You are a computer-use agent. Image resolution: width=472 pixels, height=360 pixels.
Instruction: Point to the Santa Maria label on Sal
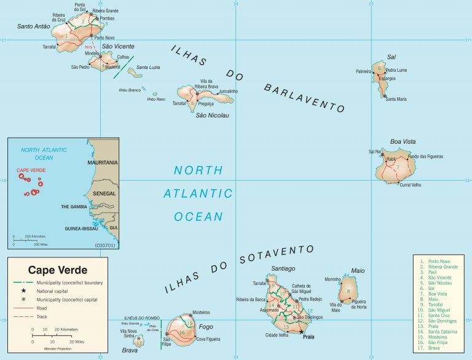(x=396, y=99)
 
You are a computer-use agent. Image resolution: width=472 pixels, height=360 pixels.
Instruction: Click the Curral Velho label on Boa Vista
(x=410, y=184)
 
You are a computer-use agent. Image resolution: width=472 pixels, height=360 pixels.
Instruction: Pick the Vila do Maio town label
(x=336, y=307)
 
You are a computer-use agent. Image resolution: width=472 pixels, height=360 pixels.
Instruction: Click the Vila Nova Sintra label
(x=128, y=334)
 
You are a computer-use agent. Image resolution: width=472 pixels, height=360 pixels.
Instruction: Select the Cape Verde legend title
(x=58, y=270)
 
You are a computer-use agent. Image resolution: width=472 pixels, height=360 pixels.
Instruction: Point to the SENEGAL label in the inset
(x=104, y=193)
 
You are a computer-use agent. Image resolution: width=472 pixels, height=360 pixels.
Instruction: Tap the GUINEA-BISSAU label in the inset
(x=82, y=229)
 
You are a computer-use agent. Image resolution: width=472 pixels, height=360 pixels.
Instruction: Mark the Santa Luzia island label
(x=149, y=67)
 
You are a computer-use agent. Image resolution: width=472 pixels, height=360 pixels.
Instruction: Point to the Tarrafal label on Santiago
(x=261, y=283)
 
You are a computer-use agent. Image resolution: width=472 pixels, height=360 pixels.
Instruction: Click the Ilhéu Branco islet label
(x=130, y=90)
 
